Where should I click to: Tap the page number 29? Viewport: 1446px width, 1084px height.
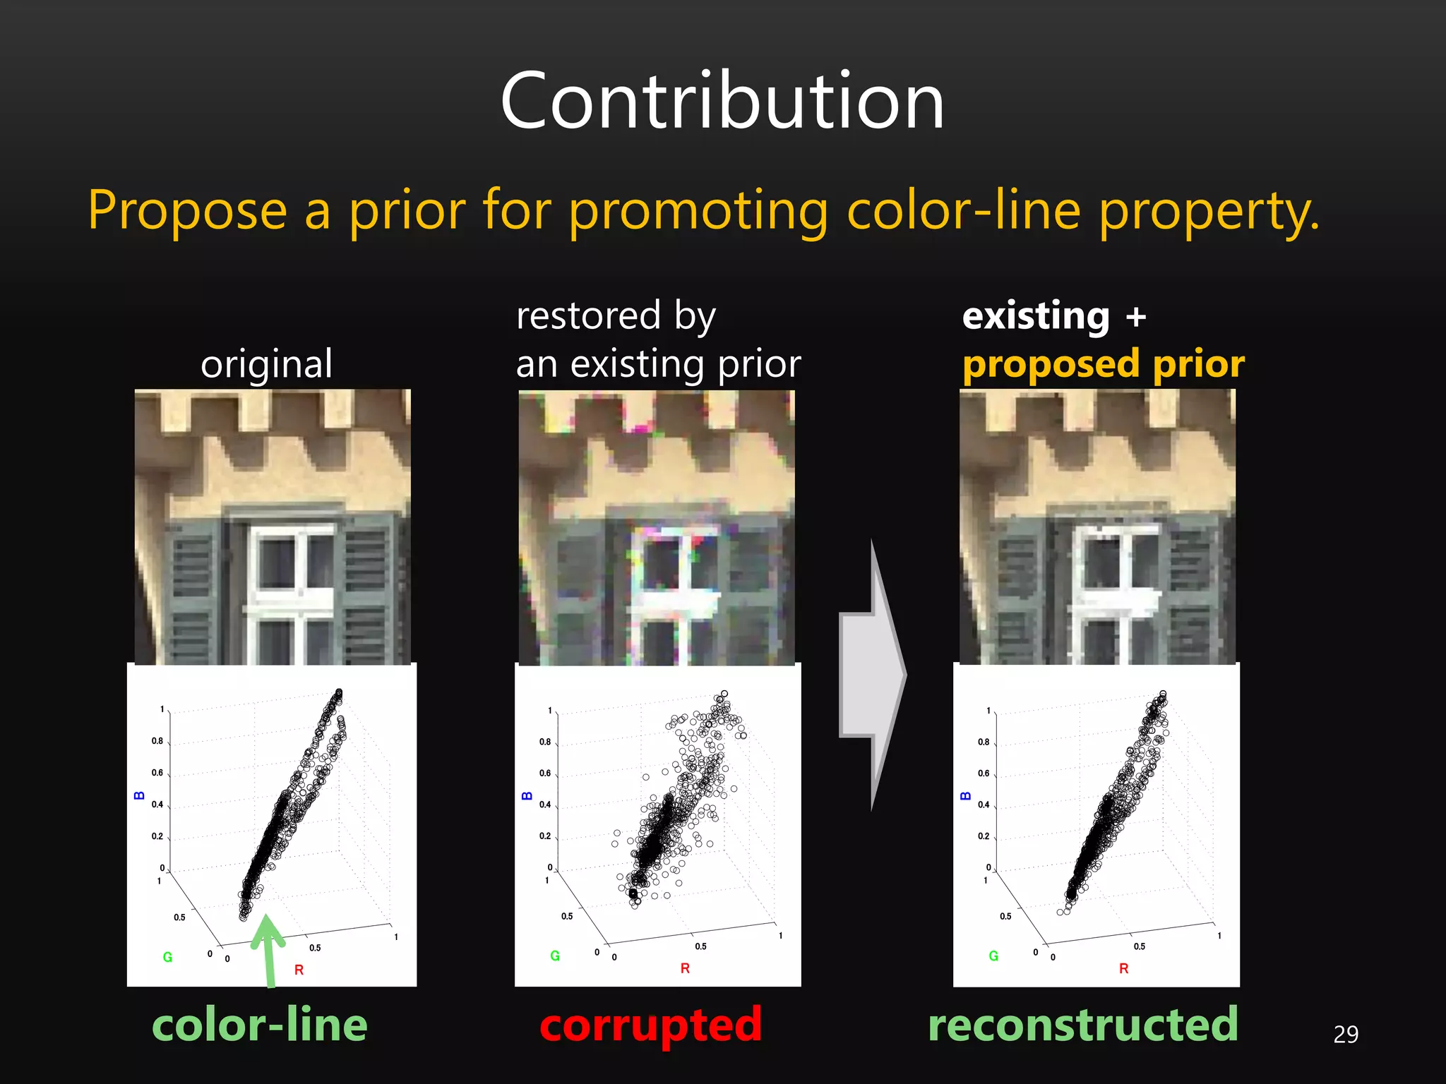1346,1034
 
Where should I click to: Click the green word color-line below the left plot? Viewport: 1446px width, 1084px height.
260,1025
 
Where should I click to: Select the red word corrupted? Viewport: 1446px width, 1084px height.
650,1025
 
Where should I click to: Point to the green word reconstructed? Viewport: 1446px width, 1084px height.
1083,1025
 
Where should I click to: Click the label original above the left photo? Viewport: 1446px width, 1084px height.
266,364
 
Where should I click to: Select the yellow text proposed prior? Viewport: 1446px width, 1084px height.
1103,364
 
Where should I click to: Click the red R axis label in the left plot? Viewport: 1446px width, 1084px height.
299,970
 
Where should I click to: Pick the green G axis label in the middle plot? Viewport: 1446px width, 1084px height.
555,956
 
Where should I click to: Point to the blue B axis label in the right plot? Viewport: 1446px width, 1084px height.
965,796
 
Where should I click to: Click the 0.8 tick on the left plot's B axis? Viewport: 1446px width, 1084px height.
157,741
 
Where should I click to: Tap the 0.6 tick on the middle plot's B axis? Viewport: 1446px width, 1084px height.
545,773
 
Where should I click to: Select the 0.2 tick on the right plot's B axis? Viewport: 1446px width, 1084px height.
984,836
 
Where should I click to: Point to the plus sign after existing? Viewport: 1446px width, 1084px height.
1136,317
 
